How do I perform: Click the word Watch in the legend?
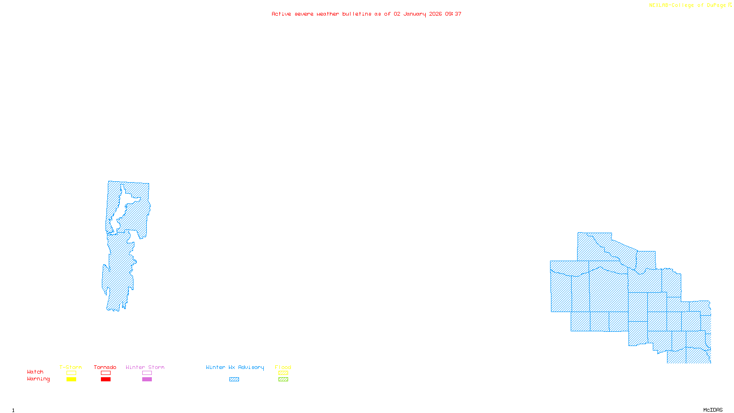(x=35, y=372)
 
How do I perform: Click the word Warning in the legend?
(x=39, y=379)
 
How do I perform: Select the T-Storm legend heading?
(x=71, y=367)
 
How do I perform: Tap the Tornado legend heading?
(x=105, y=367)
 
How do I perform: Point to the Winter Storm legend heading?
(x=145, y=367)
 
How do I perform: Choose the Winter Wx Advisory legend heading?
(x=235, y=367)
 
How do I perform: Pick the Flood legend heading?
(x=283, y=367)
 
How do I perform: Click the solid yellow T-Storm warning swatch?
(x=71, y=380)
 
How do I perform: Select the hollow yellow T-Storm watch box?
(x=71, y=373)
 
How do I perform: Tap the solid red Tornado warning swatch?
(x=106, y=380)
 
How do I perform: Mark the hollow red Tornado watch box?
(x=106, y=373)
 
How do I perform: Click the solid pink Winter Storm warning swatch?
(x=147, y=380)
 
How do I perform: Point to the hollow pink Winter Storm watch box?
(x=147, y=373)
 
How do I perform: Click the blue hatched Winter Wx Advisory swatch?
(x=234, y=380)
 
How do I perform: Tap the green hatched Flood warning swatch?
(x=284, y=380)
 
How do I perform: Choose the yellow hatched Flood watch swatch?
(x=284, y=373)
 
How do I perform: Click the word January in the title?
(x=415, y=14)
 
